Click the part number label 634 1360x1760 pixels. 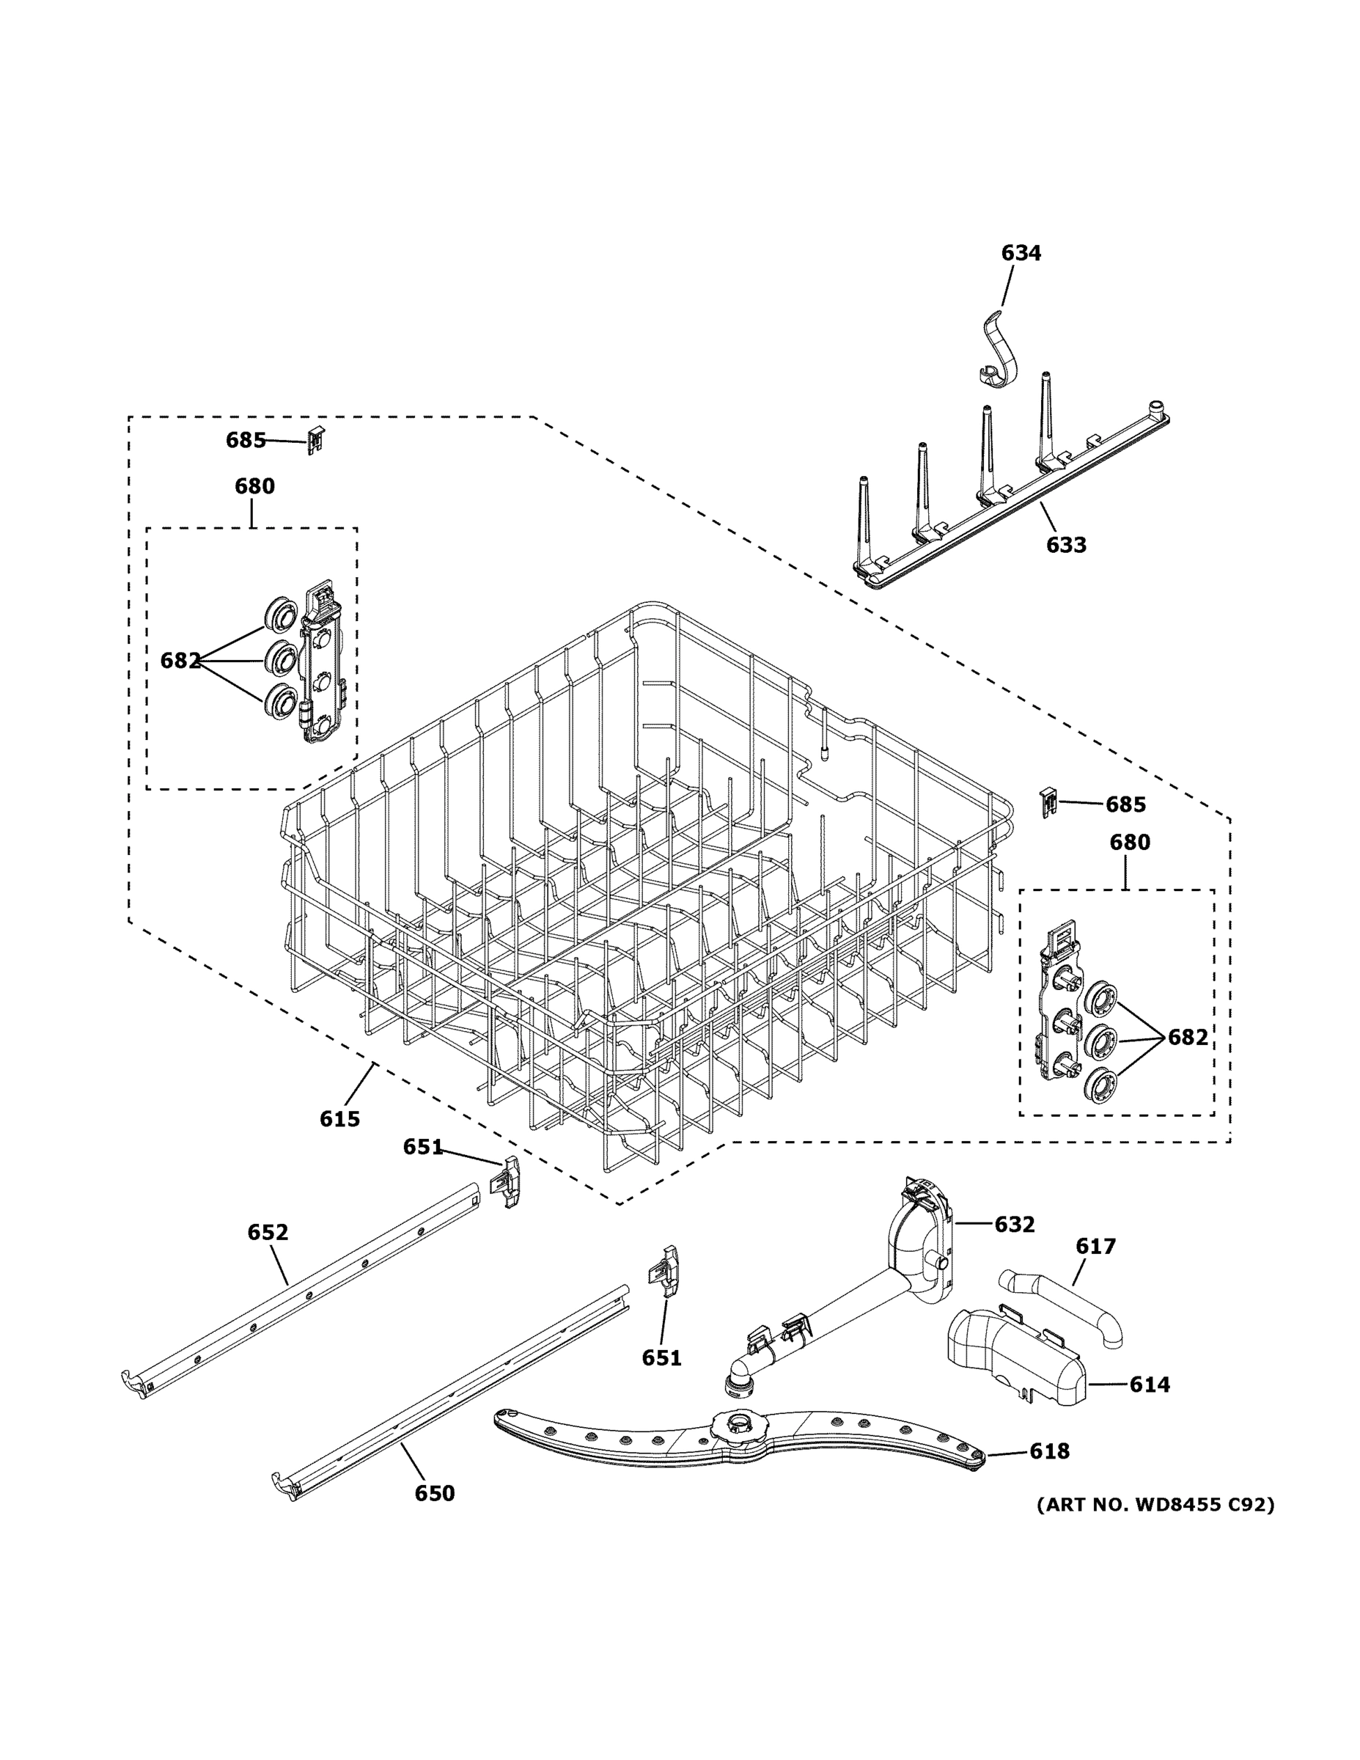click(x=1020, y=253)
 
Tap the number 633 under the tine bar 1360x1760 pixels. click(x=1066, y=546)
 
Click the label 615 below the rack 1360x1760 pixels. click(x=339, y=1118)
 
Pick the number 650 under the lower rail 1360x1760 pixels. click(x=434, y=1493)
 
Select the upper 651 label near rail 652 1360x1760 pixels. click(x=423, y=1148)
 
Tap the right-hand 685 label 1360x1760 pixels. click(x=1125, y=804)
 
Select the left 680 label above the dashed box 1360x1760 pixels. click(x=254, y=486)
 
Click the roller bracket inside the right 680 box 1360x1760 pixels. click(x=1057, y=1009)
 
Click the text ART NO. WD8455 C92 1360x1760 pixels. click(x=1155, y=1505)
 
